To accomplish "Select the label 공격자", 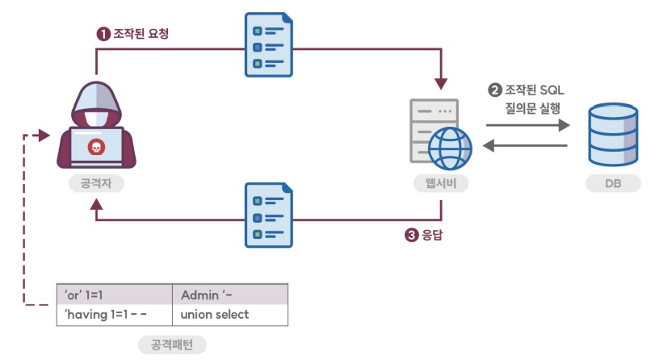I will pyautogui.click(x=95, y=184).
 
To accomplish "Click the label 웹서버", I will pyautogui.click(x=440, y=184).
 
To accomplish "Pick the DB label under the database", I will pyautogui.click(x=613, y=184).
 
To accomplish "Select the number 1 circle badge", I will pyautogui.click(x=103, y=34).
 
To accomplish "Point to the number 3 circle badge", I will pyautogui.click(x=412, y=236).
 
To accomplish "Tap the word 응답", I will pyautogui.click(x=434, y=236).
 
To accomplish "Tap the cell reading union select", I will pyautogui.click(x=215, y=315).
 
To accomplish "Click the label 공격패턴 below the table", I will pyautogui.click(x=172, y=345).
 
